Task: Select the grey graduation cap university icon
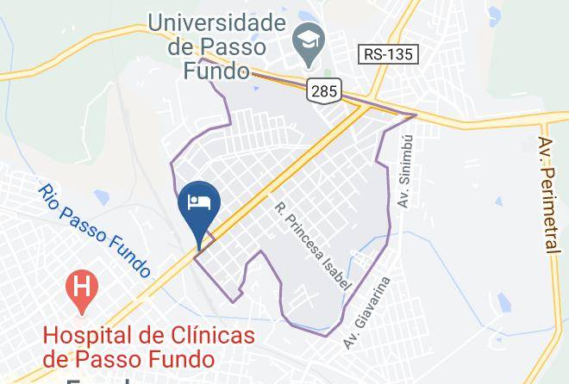pyautogui.click(x=306, y=40)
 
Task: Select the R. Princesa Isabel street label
pyautogui.click(x=314, y=245)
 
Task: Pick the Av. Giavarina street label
pyautogui.click(x=367, y=312)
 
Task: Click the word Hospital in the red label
pyautogui.click(x=89, y=334)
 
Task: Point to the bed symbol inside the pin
pyautogui.click(x=200, y=202)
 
